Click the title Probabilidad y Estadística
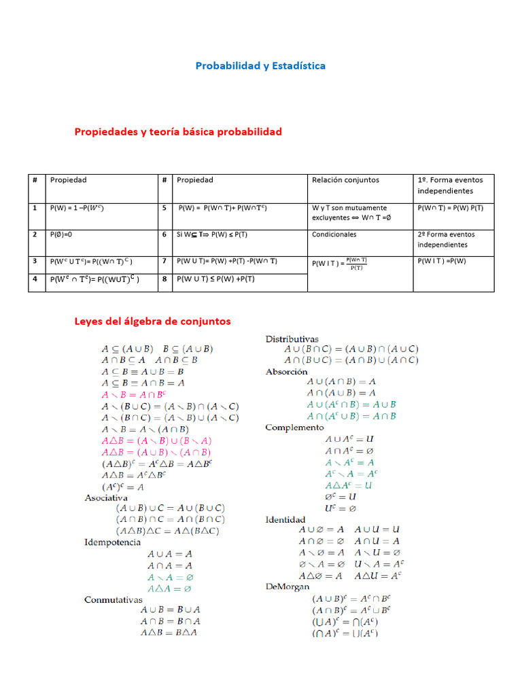tap(260, 66)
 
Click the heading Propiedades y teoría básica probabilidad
tap(177, 131)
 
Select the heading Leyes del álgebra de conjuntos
tap(152, 321)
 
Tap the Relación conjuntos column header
tap(345, 180)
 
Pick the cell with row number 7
tap(164, 260)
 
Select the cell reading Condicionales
tap(334, 234)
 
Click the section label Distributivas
tap(292, 338)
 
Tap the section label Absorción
tap(286, 372)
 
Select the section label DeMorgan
tap(287, 586)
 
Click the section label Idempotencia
tap(112, 542)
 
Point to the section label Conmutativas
tap(113, 599)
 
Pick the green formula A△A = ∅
tap(170, 588)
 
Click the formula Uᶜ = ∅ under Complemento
tap(341, 508)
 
